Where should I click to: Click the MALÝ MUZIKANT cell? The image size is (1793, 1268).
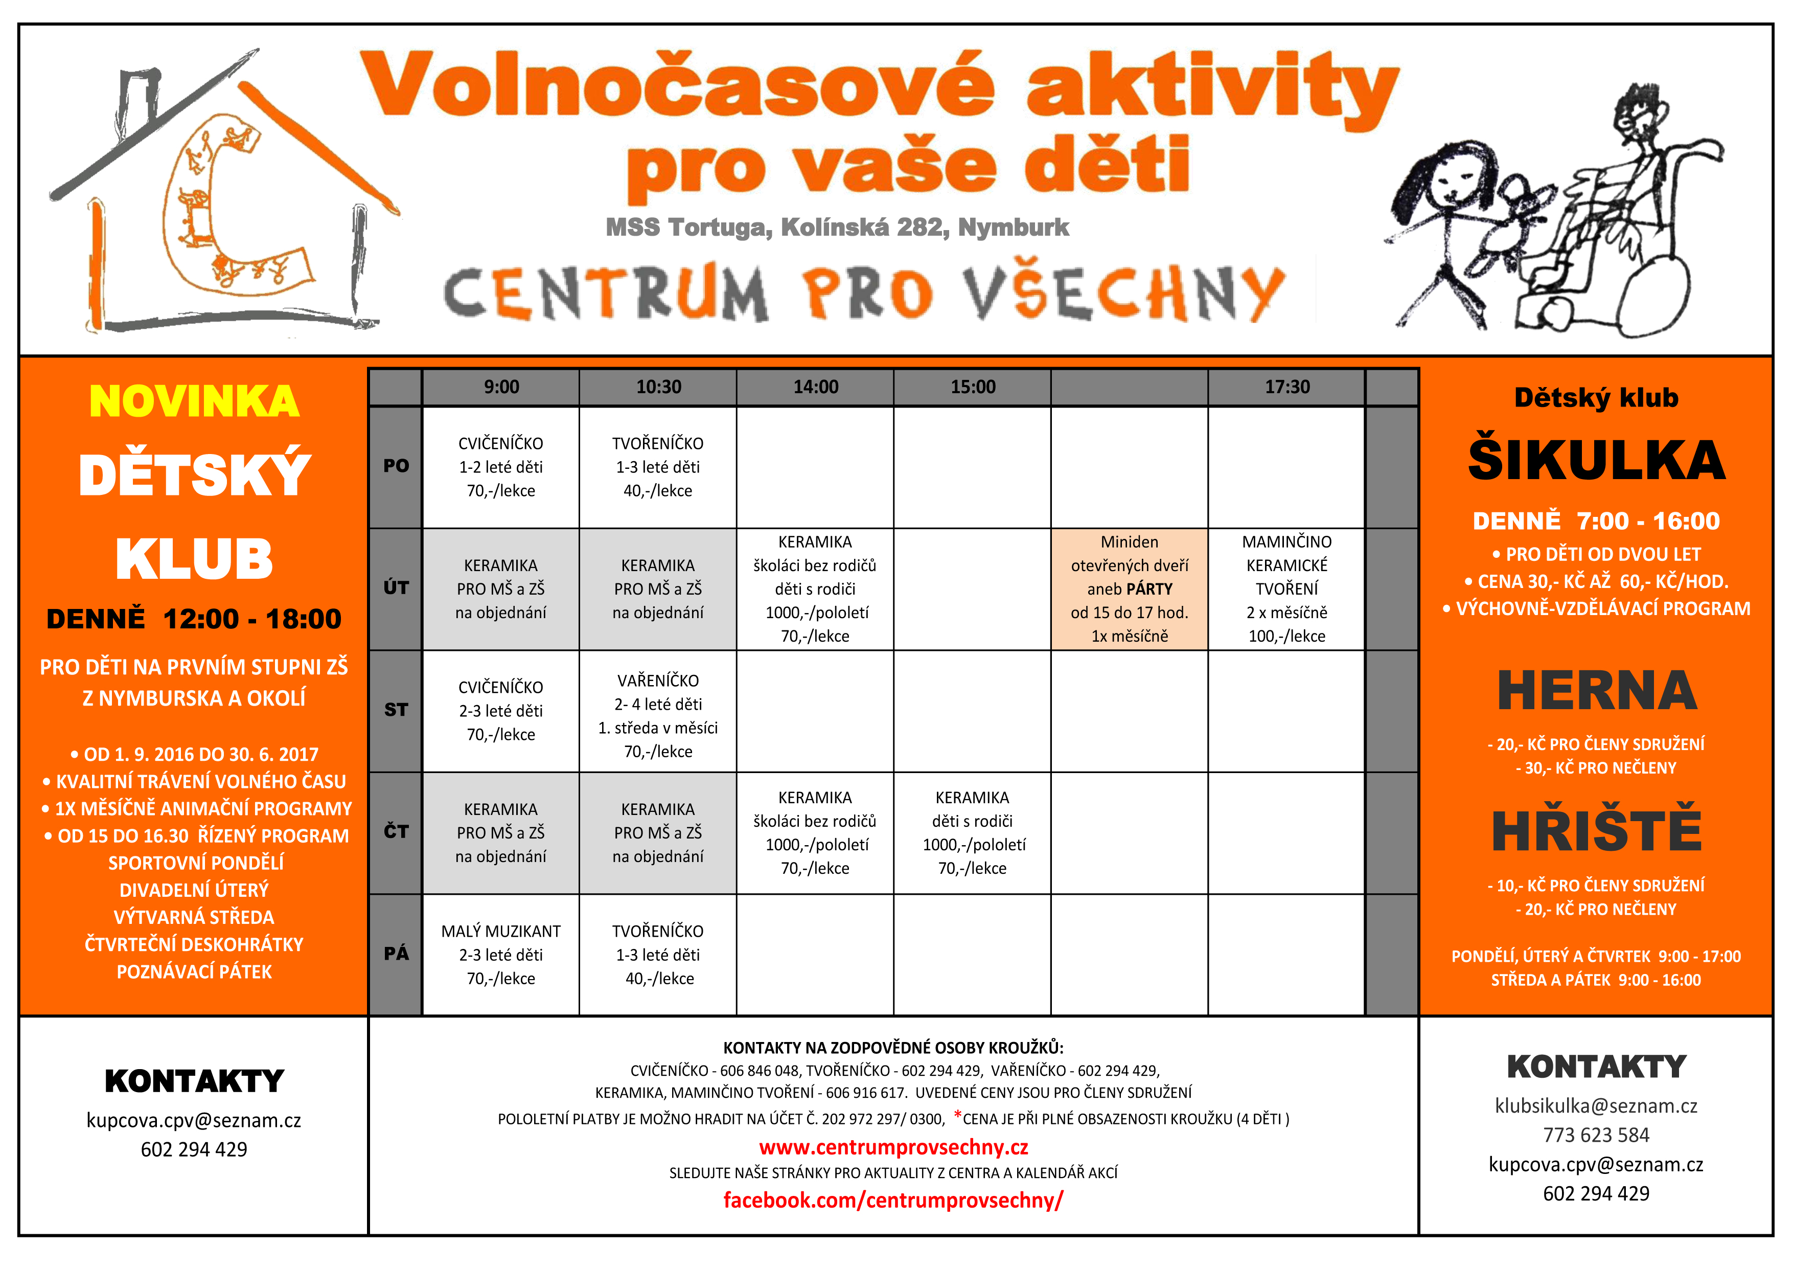click(x=500, y=955)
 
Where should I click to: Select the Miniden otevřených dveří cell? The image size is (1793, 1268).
click(x=1129, y=589)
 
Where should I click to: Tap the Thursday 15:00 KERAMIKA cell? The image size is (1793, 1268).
click(x=972, y=833)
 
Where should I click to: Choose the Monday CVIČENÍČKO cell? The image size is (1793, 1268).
click(x=500, y=467)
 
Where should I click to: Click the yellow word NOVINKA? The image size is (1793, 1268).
click(x=194, y=401)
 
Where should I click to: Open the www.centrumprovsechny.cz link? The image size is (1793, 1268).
click(x=893, y=1147)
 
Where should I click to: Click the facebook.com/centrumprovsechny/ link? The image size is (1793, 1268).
click(x=893, y=1200)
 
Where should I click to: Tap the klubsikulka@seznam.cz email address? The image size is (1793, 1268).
click(x=1596, y=1105)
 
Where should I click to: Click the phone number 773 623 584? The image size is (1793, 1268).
click(x=1596, y=1135)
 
